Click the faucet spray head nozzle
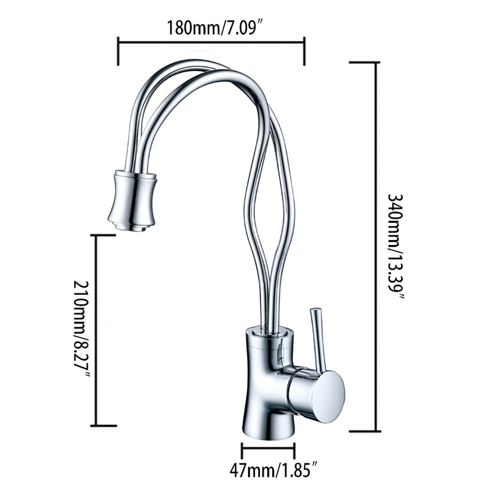(x=132, y=198)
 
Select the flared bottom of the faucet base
(x=268, y=428)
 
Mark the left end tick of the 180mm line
(x=118, y=50)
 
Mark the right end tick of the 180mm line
(x=304, y=50)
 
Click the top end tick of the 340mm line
(x=364, y=62)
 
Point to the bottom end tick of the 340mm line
(x=365, y=431)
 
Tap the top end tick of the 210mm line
(x=103, y=236)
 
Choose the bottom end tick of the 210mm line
(x=103, y=425)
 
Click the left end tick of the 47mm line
(x=242, y=450)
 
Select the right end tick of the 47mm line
(x=295, y=450)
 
